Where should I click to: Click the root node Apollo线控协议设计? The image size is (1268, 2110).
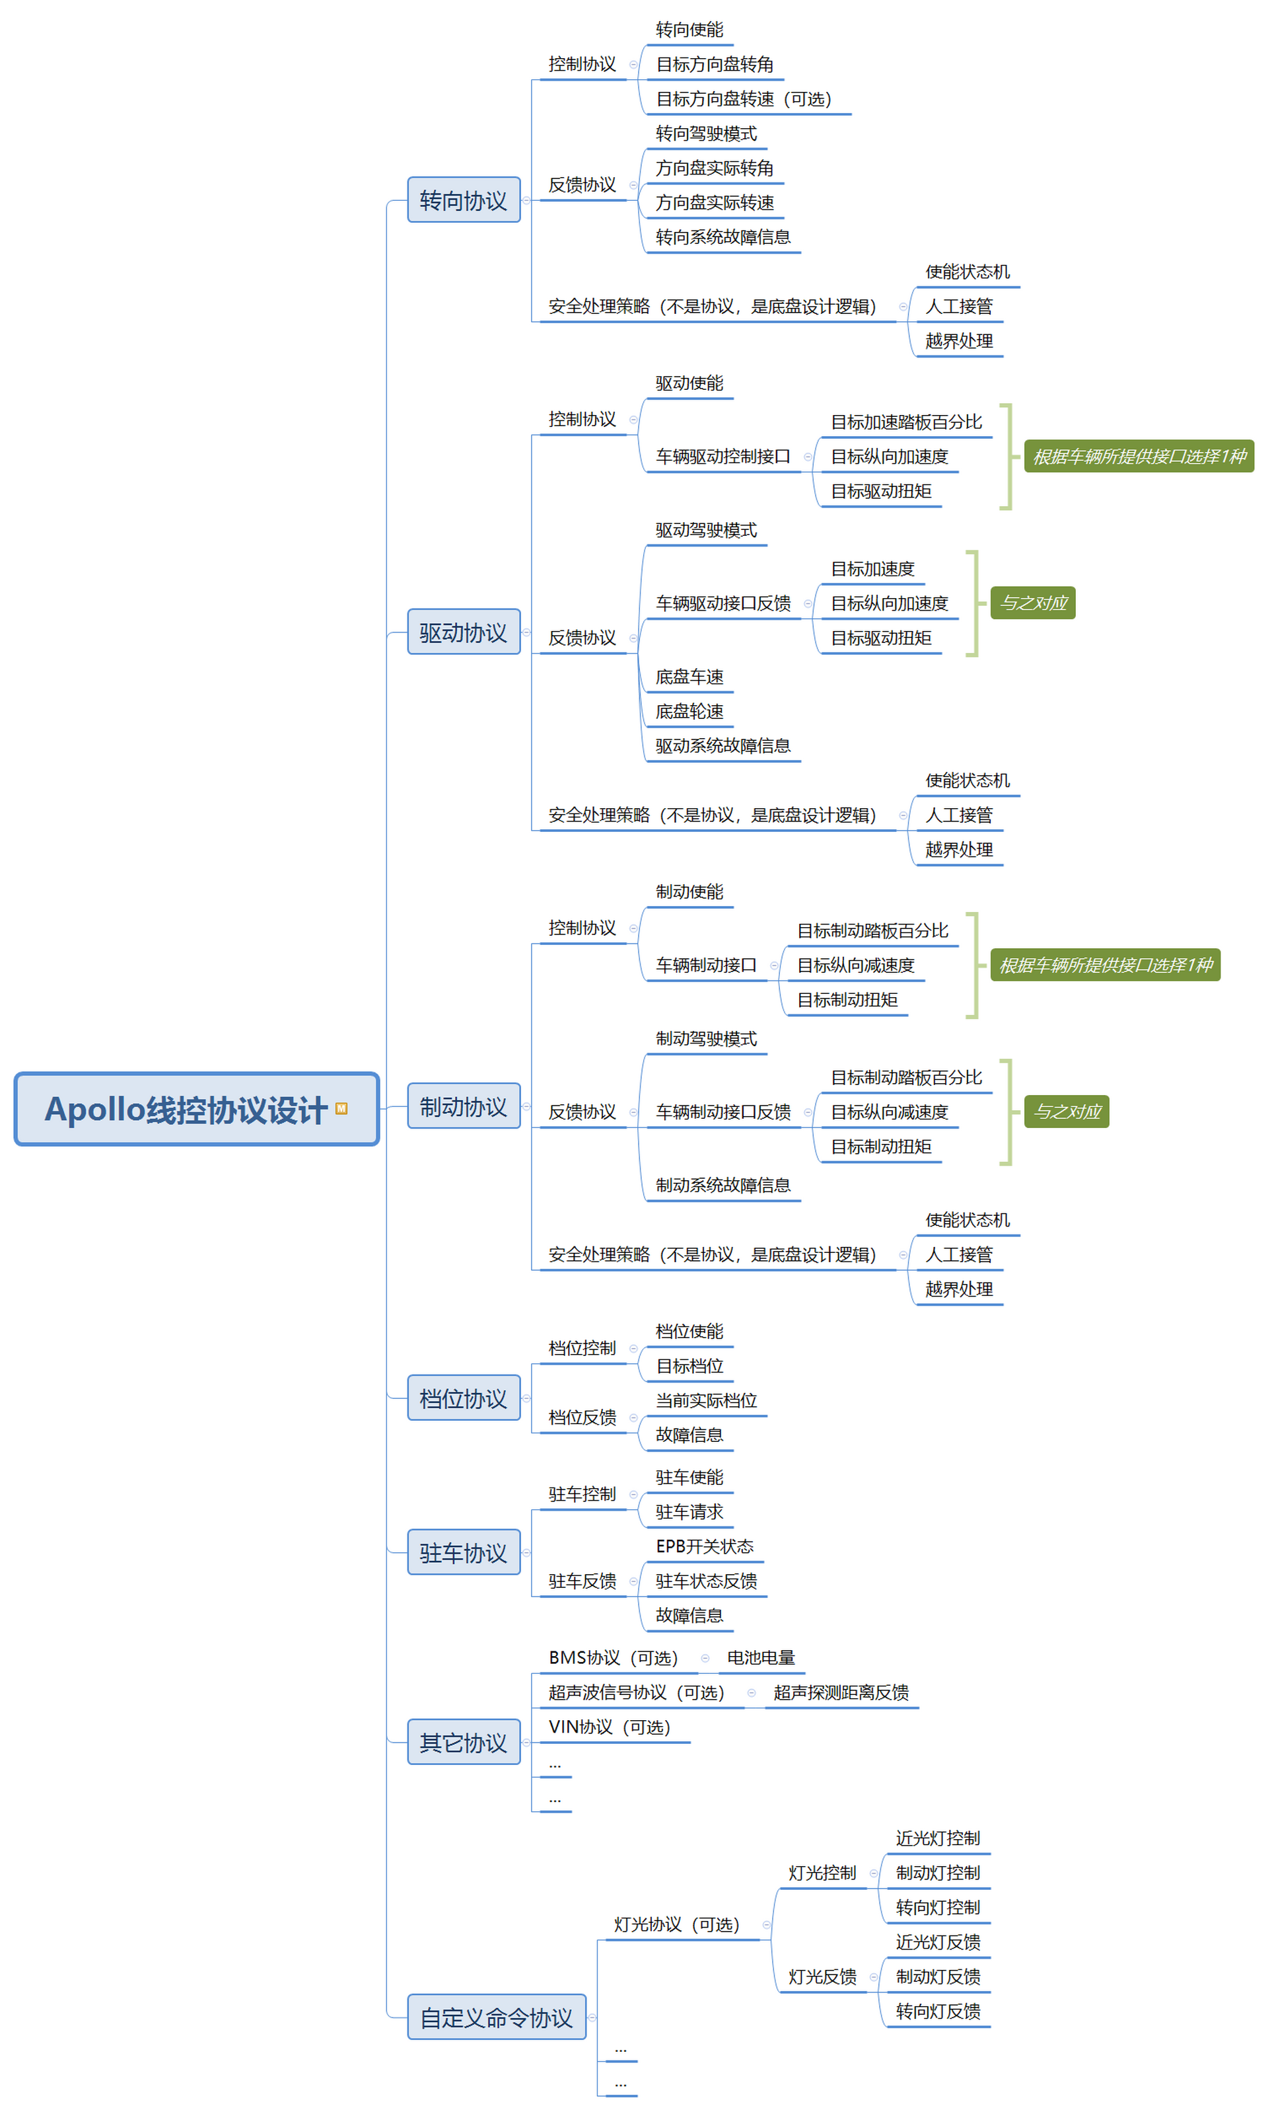pos(186,1109)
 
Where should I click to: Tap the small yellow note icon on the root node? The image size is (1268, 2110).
pos(341,1108)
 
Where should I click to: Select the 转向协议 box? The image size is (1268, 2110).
pos(463,200)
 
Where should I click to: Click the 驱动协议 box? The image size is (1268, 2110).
pos(463,632)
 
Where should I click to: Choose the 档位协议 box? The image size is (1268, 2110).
pos(463,1398)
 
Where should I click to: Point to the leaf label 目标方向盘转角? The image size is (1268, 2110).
pos(715,64)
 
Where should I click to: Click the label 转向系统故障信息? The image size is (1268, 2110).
pos(723,237)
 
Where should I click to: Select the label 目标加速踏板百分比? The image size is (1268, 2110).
pos(905,422)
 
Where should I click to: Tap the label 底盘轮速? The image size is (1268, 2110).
pos(689,710)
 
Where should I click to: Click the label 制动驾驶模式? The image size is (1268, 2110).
pos(706,1038)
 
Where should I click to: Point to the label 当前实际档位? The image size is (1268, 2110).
pos(706,1400)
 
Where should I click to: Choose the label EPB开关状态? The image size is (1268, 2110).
pos(704,1546)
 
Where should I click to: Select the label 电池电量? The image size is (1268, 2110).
pos(760,1657)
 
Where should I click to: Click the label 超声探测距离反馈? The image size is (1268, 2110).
pos(841,1692)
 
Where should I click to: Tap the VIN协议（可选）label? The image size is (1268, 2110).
pos(609,1726)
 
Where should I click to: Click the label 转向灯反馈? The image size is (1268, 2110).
pos(937,2011)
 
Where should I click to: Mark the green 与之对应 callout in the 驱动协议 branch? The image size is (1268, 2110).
pos(1032,603)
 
